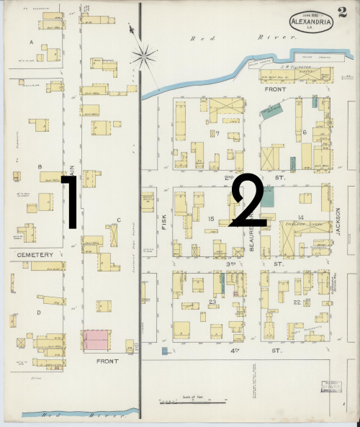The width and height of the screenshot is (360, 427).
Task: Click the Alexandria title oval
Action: [x=312, y=22]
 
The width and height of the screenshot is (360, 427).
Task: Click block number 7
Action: [x=216, y=133]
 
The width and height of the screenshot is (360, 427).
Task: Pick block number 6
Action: [x=305, y=132]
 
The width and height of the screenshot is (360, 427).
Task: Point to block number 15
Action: [x=212, y=218]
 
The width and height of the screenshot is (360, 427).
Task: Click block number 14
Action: [x=302, y=217]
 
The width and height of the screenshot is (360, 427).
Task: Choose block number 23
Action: [x=212, y=302]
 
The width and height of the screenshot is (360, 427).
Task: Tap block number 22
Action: [x=297, y=302]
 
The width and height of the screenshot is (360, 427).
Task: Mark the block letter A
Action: [x=31, y=42]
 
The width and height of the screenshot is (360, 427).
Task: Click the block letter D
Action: [x=38, y=313]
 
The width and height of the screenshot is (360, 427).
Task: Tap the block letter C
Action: [x=119, y=220]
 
